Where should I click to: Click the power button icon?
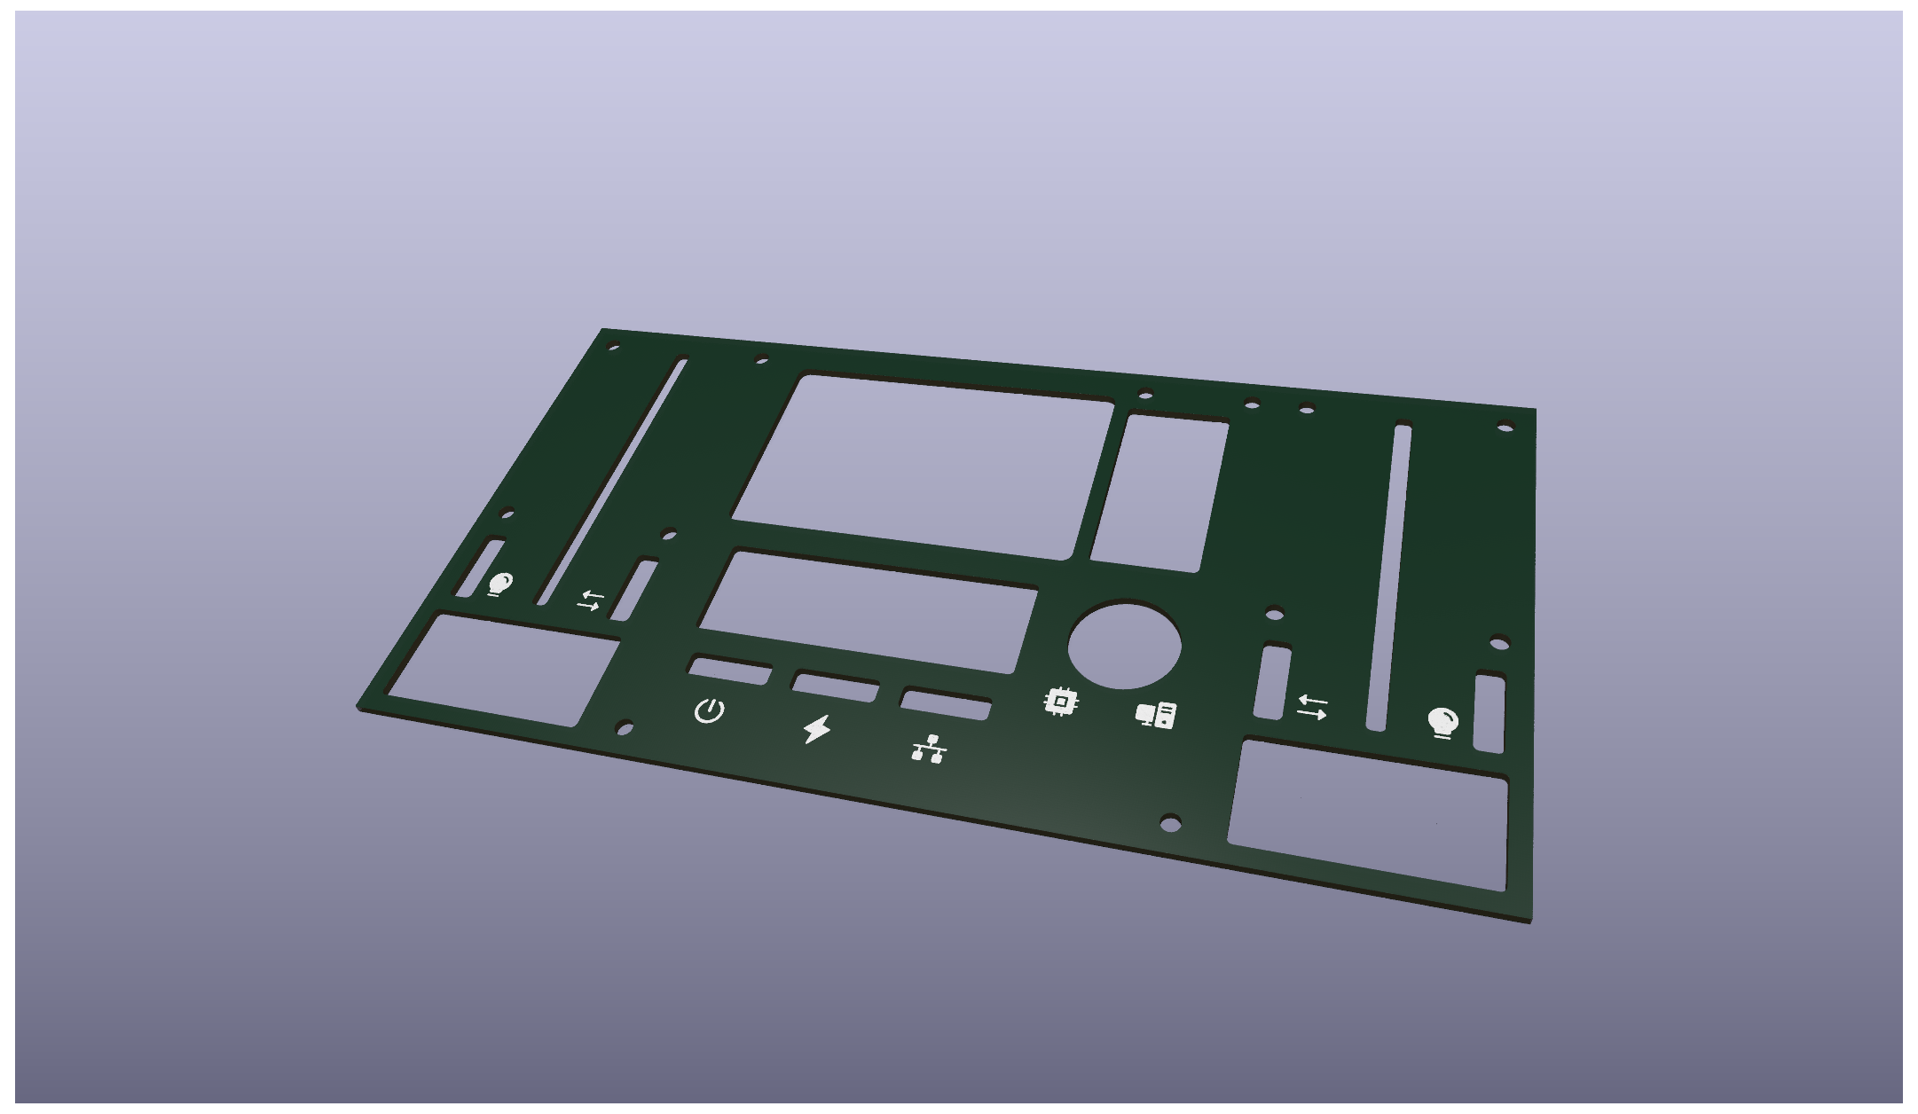709,710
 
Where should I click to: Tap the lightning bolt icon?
817,729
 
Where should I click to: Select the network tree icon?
929,749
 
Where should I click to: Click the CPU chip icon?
1061,702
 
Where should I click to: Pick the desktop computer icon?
1156,715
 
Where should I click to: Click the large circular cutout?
1124,647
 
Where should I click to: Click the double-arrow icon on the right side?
1312,707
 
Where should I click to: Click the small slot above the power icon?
730,671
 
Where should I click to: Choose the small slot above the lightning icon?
836,686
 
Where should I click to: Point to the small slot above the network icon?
946,704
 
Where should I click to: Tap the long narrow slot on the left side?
612,479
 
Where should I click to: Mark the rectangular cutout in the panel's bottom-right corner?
1368,814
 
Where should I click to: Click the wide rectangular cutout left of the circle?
869,610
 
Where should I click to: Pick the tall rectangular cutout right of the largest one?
1159,493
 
